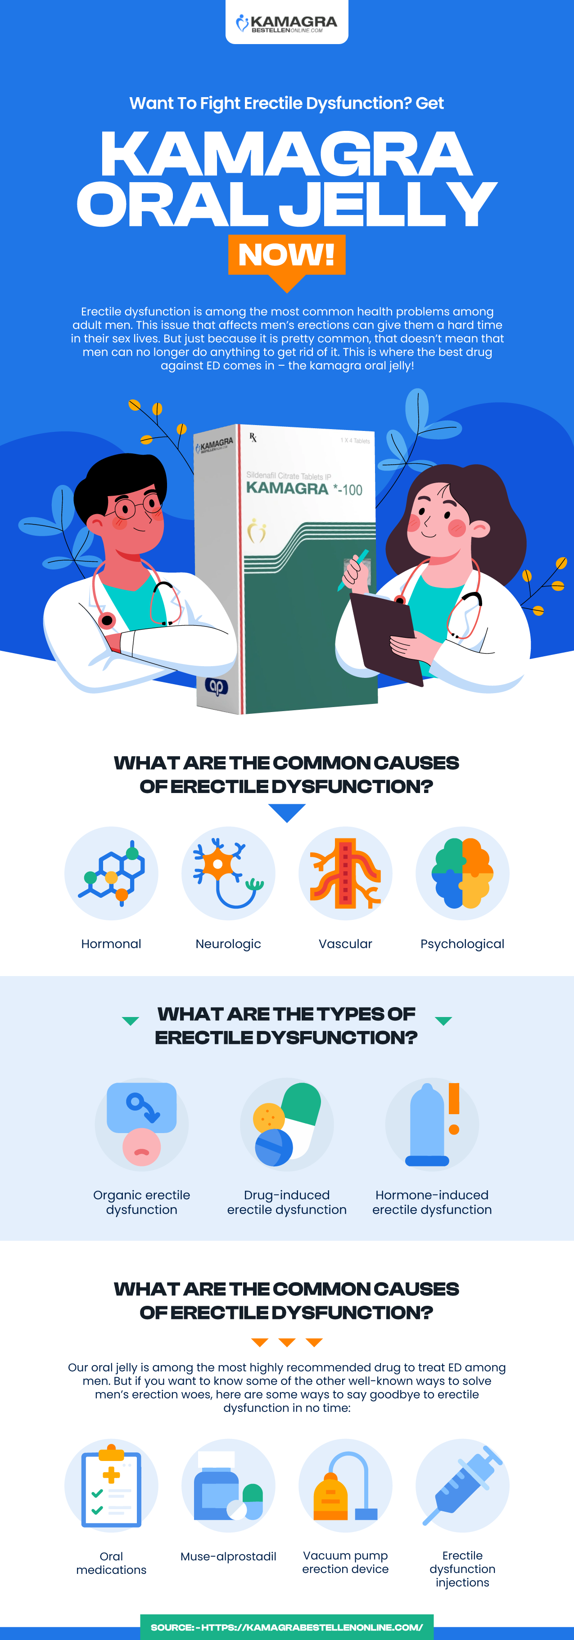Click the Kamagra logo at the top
click(x=287, y=23)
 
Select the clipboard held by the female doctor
click(x=385, y=636)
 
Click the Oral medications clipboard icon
click(x=112, y=1485)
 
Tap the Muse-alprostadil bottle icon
click(x=228, y=1485)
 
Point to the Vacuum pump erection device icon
click(x=345, y=1485)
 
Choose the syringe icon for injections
click(x=462, y=1485)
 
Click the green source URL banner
click(x=287, y=1627)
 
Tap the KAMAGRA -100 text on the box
click(x=304, y=489)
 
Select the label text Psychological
click(x=462, y=944)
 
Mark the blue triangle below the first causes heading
click(x=287, y=812)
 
